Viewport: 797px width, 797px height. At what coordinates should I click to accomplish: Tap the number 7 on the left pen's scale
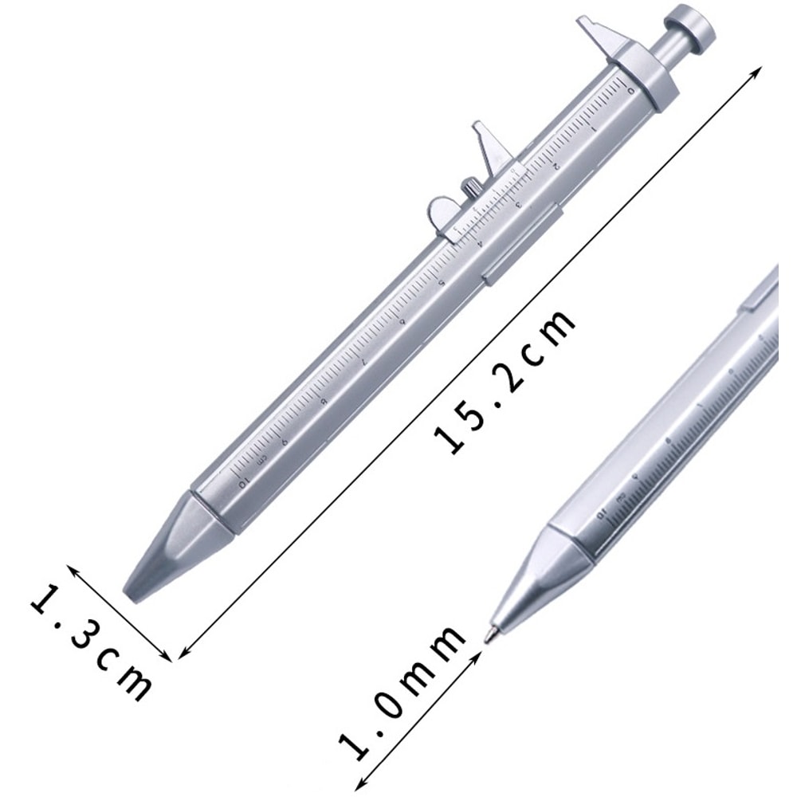click(x=363, y=361)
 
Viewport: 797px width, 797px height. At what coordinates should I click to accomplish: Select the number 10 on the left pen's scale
click(x=243, y=480)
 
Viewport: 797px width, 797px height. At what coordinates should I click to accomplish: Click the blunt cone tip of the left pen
click(x=167, y=550)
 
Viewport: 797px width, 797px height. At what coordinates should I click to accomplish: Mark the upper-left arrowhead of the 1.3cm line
click(x=71, y=568)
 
